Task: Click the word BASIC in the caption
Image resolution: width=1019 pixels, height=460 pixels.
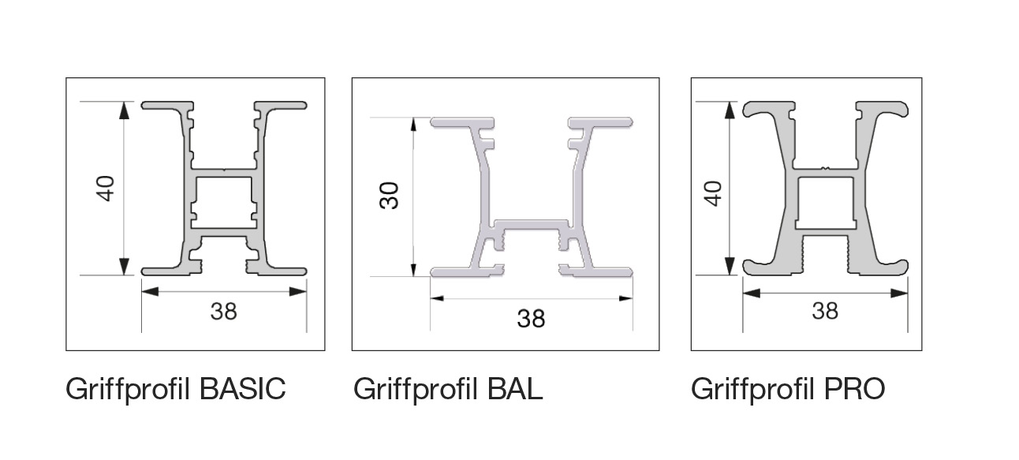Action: pos(242,388)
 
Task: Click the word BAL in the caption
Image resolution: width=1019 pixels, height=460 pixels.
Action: pos(515,389)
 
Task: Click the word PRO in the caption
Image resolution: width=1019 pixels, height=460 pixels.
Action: pos(854,388)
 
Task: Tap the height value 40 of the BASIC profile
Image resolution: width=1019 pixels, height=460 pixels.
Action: pos(105,189)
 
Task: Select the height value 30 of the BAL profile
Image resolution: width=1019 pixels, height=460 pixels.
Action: pos(389,196)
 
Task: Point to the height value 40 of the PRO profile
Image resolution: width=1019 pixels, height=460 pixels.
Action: pos(713,193)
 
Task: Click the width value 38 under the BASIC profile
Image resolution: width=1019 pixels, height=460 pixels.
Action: pos(223,312)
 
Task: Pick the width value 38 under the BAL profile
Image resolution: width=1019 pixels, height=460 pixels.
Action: pos(531,319)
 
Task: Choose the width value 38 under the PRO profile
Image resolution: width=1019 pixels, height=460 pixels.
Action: pos(825,311)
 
